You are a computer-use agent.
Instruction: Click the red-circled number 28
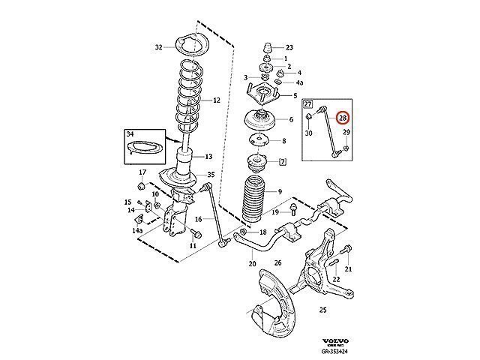[x=342, y=118]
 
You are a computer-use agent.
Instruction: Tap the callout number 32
[x=158, y=47]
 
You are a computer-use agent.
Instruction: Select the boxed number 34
[x=129, y=135]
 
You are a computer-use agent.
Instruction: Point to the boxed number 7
[x=283, y=161]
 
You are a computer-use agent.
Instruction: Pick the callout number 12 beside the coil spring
[x=216, y=100]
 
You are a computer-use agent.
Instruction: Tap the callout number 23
[x=289, y=46]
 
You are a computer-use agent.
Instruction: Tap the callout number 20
[x=251, y=262]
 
